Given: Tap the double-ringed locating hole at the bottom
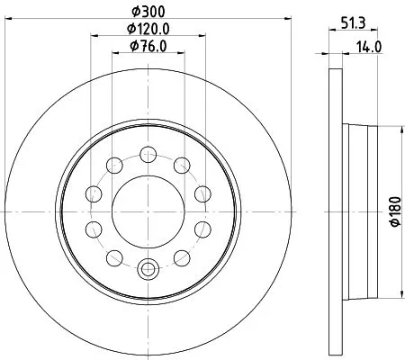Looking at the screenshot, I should (148, 266).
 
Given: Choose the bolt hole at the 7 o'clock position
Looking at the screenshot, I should (114, 256).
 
